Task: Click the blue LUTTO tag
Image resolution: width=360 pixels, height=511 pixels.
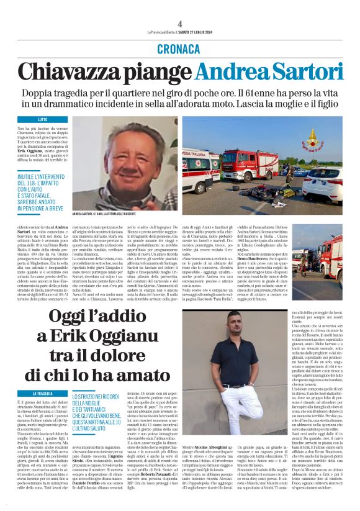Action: coord(43,119)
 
